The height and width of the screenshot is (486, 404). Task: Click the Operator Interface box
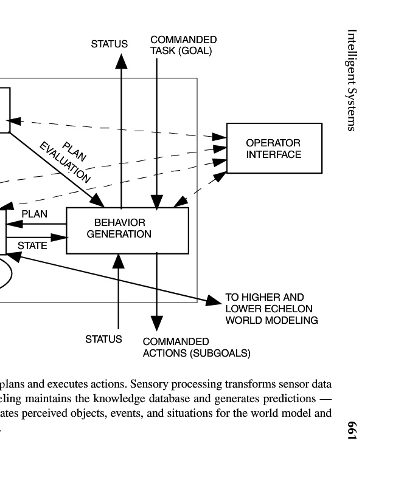pos(274,148)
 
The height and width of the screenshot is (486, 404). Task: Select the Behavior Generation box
pos(127,230)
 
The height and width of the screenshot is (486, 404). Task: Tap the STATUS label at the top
pos(110,44)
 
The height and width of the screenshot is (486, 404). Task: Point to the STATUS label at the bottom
pos(103,339)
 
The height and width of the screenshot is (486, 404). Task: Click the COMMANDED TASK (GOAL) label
pos(183,45)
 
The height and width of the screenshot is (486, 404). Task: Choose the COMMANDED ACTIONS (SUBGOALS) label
pos(196,347)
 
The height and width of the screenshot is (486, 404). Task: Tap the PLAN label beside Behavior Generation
pos(34,214)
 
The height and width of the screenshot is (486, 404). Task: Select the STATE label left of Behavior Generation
pos(32,245)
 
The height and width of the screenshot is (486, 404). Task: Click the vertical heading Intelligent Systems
pos(352,80)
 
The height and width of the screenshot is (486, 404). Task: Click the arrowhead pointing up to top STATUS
pos(122,61)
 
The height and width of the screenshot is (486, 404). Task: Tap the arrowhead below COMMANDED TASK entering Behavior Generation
pos(157,202)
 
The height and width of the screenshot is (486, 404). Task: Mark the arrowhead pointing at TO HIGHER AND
pos(214,301)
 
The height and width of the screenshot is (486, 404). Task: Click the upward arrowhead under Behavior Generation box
pos(119,261)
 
